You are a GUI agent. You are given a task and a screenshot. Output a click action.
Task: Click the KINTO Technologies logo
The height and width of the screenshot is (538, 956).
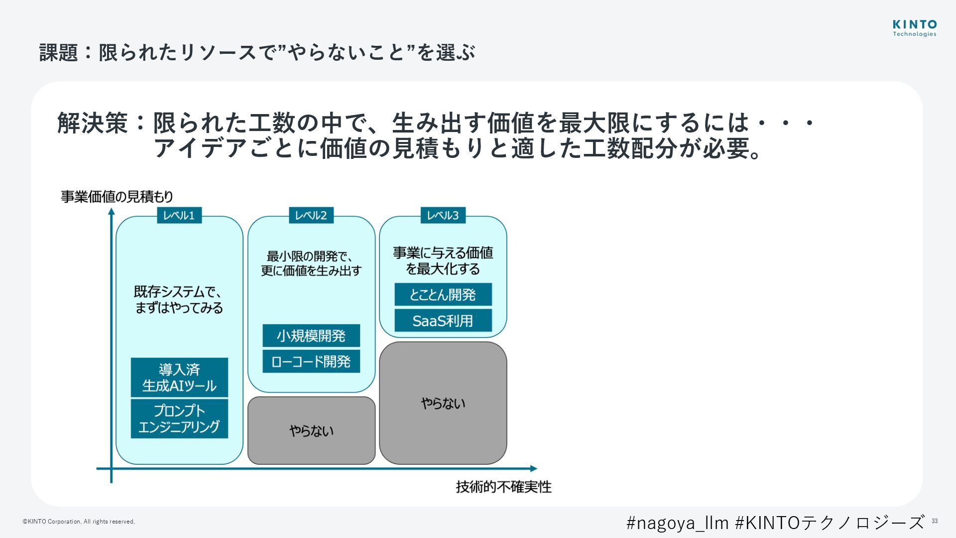(914, 28)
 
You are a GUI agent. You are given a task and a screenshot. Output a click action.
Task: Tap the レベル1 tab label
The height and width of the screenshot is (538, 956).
(179, 215)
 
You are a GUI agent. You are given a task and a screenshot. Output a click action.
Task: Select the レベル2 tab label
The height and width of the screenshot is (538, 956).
(311, 215)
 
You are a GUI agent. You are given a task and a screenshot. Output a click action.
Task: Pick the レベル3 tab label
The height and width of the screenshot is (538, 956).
(443, 215)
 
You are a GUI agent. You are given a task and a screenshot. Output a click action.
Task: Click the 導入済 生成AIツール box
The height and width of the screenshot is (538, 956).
(179, 378)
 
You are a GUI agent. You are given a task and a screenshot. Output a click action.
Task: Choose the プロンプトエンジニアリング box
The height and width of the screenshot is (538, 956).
(179, 418)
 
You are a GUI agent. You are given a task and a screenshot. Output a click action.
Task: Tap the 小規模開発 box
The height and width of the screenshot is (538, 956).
(311, 336)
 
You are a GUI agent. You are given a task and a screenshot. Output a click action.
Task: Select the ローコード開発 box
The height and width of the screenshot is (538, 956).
(311, 361)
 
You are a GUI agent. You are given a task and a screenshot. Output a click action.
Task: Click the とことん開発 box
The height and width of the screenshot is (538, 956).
(443, 294)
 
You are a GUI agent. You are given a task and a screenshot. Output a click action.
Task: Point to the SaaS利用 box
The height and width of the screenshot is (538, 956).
(443, 320)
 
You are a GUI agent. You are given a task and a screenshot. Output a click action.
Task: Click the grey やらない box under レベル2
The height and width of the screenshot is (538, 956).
(311, 430)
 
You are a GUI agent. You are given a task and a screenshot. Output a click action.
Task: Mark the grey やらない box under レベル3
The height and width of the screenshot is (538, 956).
(443, 403)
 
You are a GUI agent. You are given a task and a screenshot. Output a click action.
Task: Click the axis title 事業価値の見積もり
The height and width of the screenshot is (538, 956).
(117, 197)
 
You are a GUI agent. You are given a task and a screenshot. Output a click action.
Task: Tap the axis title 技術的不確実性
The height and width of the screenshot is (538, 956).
(503, 487)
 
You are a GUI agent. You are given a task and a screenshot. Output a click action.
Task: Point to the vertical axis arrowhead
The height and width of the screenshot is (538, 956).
(112, 212)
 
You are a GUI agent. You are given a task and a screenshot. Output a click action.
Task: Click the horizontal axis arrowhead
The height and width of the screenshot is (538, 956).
(534, 468)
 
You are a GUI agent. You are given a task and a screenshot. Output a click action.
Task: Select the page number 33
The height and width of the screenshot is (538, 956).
(935, 521)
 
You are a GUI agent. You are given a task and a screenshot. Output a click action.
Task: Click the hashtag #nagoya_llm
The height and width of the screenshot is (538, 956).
(677, 523)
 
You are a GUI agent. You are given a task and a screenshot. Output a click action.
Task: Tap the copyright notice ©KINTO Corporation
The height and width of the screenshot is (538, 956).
(79, 522)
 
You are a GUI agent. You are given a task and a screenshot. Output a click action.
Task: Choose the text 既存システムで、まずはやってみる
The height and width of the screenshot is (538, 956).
(179, 299)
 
